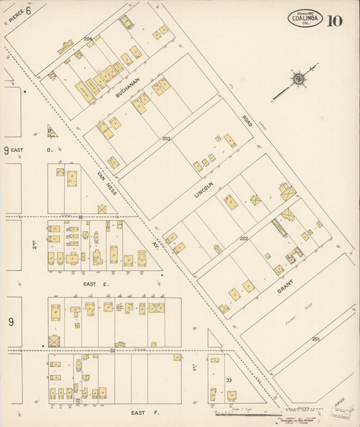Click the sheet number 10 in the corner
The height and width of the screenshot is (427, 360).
click(x=334, y=20)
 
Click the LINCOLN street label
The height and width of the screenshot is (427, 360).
click(x=203, y=183)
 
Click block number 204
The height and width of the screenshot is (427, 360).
click(x=88, y=39)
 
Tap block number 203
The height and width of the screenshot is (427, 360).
click(x=166, y=139)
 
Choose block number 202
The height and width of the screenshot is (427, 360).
click(x=244, y=238)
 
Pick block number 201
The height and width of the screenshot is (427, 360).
click(x=316, y=338)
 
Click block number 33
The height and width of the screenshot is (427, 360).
click(x=229, y=380)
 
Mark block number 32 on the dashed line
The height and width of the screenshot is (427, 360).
click(x=112, y=350)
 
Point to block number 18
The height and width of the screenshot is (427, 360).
click(x=80, y=216)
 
